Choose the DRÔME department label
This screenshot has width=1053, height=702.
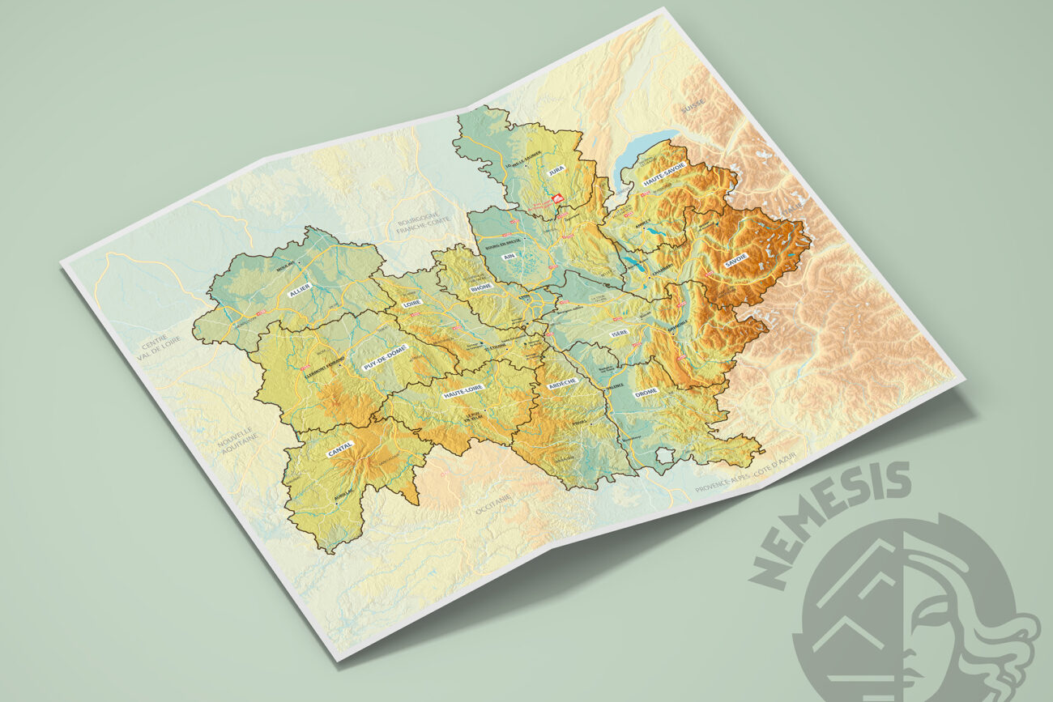click(x=646, y=392)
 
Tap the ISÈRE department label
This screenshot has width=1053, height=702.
click(x=620, y=333)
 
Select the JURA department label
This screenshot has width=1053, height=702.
click(x=556, y=169)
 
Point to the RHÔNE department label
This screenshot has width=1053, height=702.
click(x=481, y=287)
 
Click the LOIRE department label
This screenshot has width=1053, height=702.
click(x=411, y=303)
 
